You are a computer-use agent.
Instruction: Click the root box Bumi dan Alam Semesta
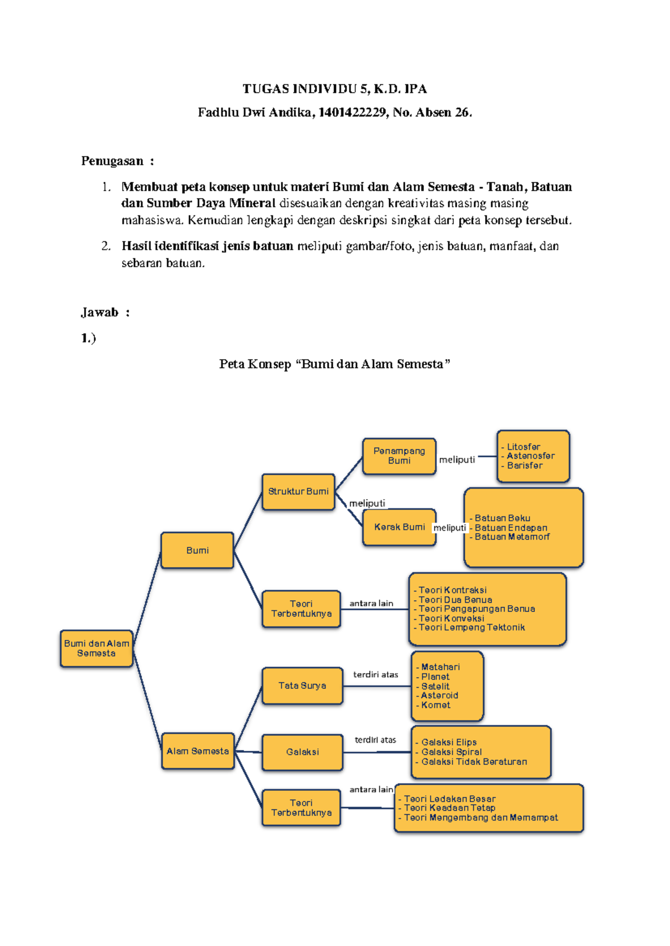click(x=97, y=648)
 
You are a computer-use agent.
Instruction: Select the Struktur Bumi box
click(x=298, y=491)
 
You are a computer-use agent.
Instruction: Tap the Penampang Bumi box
click(x=399, y=456)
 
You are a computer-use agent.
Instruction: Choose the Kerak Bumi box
click(x=399, y=527)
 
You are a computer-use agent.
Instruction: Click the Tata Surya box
click(x=302, y=686)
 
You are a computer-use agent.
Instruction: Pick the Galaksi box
click(x=302, y=752)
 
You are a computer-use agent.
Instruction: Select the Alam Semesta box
click(x=198, y=751)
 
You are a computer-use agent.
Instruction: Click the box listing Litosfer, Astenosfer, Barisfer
click(x=533, y=456)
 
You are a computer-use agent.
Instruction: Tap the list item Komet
click(x=435, y=705)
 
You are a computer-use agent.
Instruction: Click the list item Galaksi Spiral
click(x=451, y=752)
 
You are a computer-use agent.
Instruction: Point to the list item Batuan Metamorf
click(x=511, y=537)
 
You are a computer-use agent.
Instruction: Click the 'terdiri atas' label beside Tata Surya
click(x=376, y=674)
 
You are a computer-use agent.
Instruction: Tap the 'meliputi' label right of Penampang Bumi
click(x=457, y=460)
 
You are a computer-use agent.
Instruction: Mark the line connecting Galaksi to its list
click(x=377, y=752)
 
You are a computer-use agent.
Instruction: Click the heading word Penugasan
click(x=112, y=161)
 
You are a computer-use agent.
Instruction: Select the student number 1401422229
click(x=352, y=113)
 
